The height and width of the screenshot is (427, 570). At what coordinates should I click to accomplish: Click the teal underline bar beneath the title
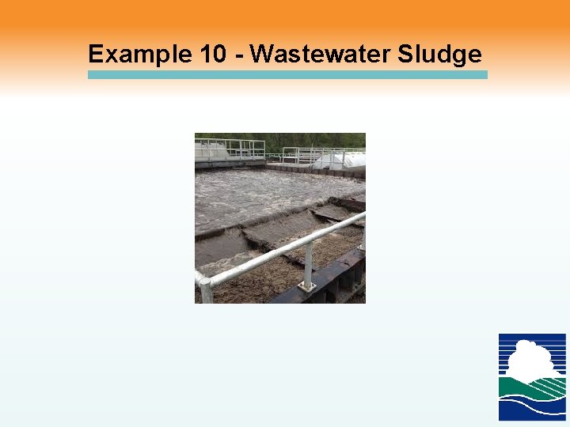[x=287, y=74]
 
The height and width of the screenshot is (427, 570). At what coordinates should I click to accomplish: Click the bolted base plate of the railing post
[x=306, y=285]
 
